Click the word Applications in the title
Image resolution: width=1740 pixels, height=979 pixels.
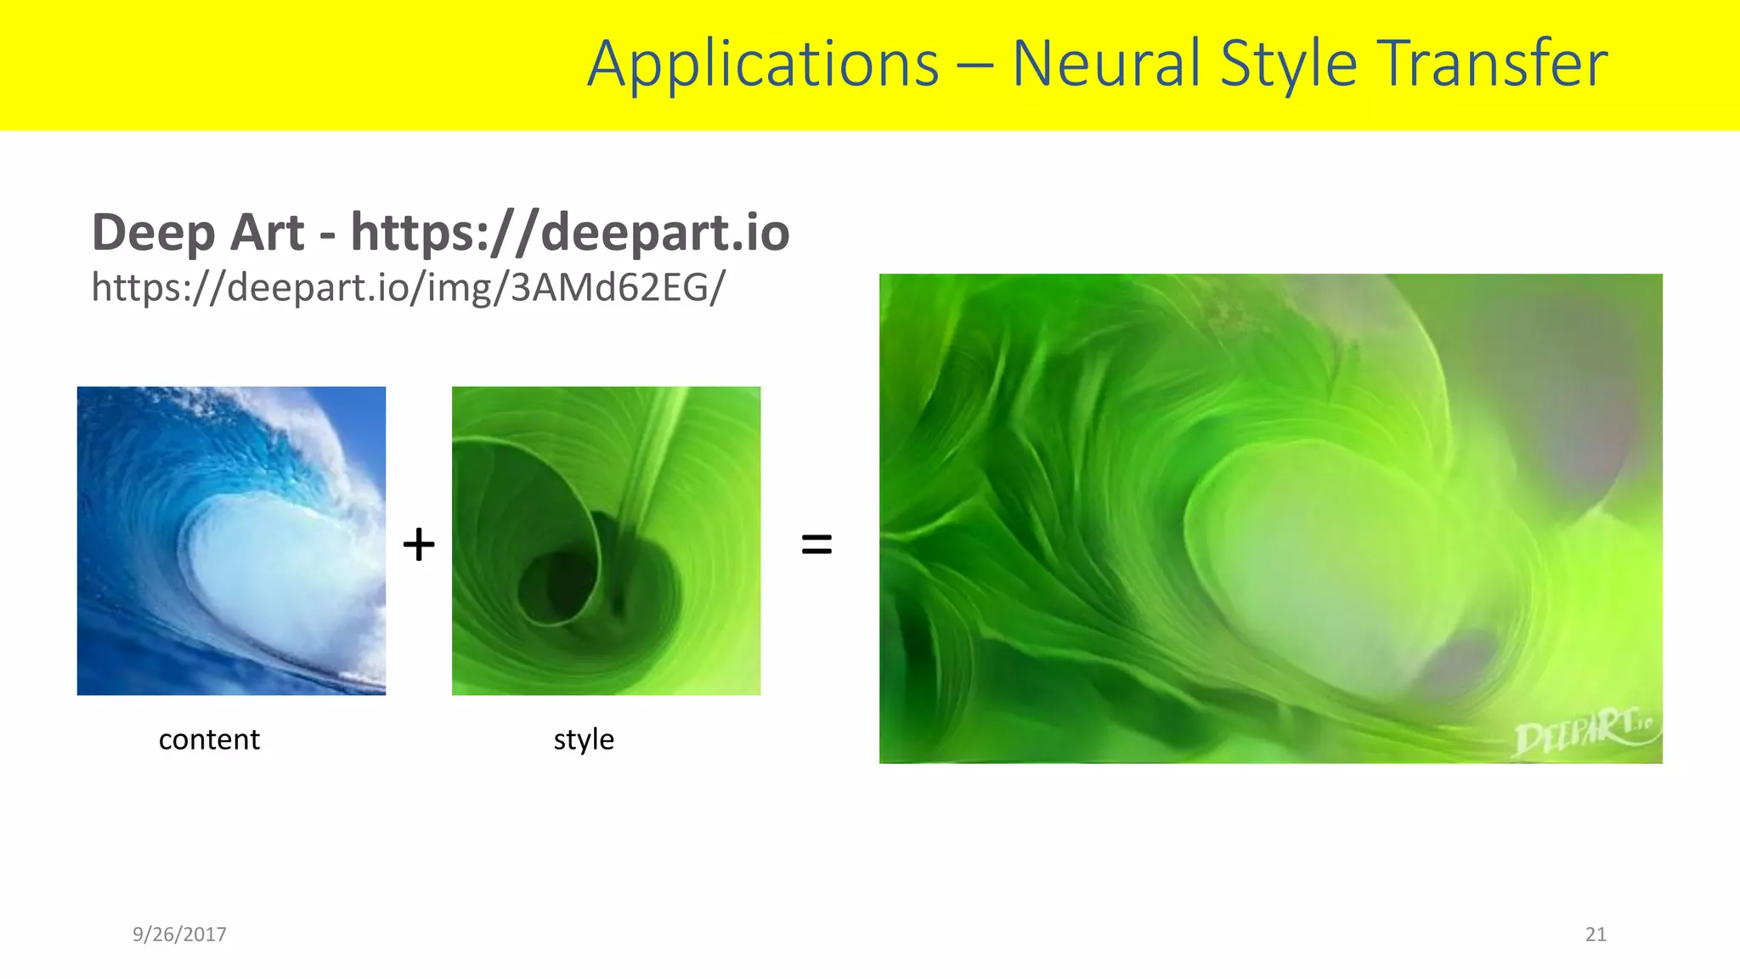(x=763, y=65)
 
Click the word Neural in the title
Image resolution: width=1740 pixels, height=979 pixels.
(x=1107, y=65)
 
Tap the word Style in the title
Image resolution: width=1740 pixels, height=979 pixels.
(x=1288, y=65)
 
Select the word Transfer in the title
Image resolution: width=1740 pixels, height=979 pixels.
(x=1492, y=65)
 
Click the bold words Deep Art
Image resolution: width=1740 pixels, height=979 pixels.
(x=197, y=233)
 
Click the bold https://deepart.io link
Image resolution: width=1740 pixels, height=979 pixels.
(x=570, y=233)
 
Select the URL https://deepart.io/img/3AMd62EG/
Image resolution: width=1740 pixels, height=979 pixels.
(x=408, y=287)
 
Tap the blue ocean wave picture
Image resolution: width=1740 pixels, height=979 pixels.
(x=231, y=540)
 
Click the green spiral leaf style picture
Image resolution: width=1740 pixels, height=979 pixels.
(x=606, y=540)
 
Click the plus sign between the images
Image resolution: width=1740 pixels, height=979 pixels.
(x=419, y=544)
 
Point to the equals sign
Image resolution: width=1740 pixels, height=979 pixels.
(x=816, y=544)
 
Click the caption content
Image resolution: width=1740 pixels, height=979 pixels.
(x=209, y=739)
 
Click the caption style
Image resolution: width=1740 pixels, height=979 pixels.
(x=584, y=739)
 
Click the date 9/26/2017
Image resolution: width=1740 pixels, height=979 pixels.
(x=179, y=934)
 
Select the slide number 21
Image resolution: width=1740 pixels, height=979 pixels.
(x=1596, y=934)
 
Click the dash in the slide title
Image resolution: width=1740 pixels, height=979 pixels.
(x=975, y=66)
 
